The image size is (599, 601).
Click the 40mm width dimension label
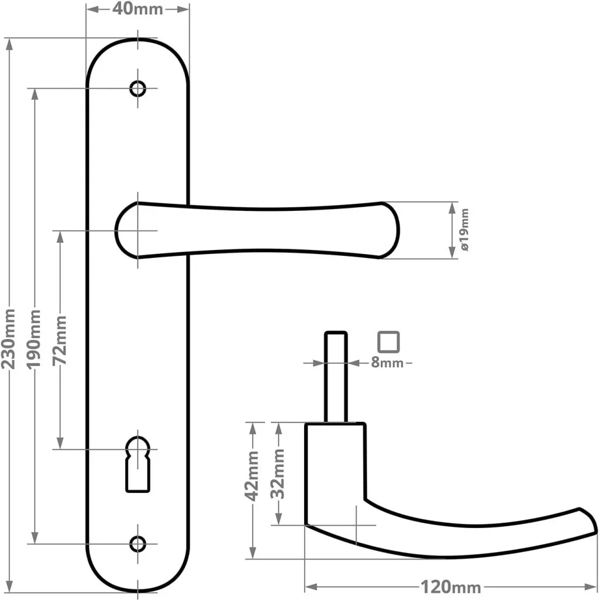point(138,9)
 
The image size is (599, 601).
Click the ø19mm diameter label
point(465,230)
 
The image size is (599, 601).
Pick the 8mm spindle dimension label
point(387,363)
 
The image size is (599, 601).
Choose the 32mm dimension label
point(279,472)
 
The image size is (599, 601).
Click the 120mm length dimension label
point(451,586)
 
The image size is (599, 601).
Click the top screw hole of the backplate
point(138,89)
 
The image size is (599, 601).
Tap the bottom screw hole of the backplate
point(138,544)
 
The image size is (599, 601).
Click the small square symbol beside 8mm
point(388,342)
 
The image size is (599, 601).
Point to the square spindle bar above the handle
point(336,377)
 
